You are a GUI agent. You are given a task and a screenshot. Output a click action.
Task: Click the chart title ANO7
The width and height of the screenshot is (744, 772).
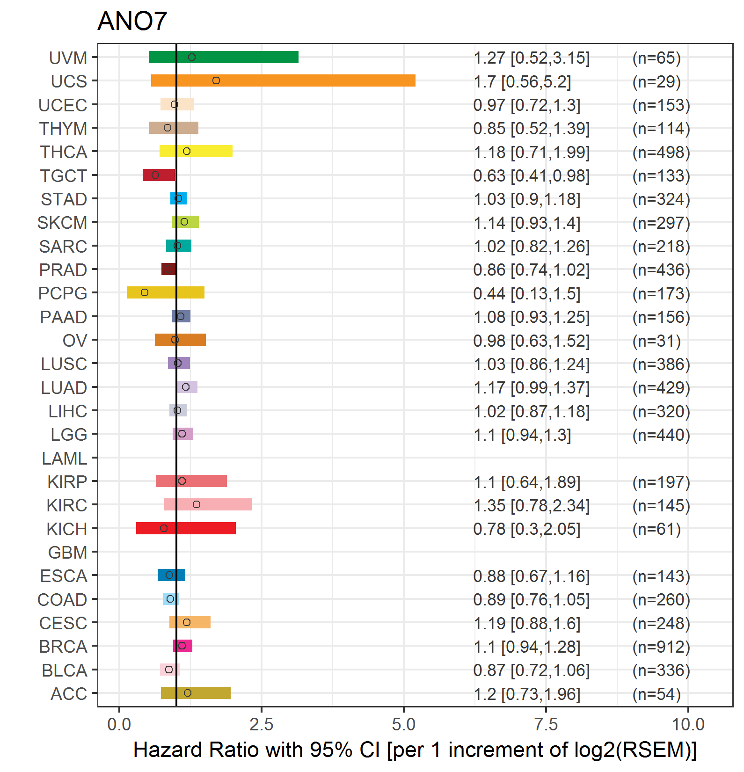tap(132, 21)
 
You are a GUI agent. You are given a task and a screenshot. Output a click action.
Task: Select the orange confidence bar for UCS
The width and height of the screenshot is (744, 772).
tap(283, 80)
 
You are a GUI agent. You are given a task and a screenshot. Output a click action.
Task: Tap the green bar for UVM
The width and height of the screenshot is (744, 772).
tap(224, 57)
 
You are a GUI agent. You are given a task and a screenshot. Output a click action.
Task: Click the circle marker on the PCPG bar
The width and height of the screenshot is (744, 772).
tap(145, 292)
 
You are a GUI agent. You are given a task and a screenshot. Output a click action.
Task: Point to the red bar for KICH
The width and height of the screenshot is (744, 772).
tap(186, 528)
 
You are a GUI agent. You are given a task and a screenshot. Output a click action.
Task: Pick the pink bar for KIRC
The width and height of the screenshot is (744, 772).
tap(208, 504)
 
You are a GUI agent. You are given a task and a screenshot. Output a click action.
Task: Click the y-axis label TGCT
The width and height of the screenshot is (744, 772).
tap(64, 176)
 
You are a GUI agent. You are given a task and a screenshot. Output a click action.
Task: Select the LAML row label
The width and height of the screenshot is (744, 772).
tap(65, 459)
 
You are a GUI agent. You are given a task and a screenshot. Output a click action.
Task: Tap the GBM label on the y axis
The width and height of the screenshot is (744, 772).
tap(68, 553)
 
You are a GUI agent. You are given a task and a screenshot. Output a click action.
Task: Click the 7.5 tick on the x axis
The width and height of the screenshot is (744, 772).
tap(546, 725)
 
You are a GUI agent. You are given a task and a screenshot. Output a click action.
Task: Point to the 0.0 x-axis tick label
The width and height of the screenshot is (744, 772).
tap(119, 725)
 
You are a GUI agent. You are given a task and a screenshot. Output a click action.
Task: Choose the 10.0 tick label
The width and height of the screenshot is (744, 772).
tap(688, 725)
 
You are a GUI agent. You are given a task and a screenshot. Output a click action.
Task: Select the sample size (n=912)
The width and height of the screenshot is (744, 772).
tap(661, 647)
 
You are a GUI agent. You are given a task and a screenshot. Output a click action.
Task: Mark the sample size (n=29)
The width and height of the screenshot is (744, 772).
tap(656, 82)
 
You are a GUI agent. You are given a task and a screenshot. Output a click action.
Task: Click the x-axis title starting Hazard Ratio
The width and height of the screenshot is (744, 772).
tap(415, 750)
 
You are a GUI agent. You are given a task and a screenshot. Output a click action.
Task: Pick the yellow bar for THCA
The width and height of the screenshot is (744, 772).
tap(196, 151)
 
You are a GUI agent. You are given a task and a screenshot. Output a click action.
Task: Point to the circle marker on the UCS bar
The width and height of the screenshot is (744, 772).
tap(216, 80)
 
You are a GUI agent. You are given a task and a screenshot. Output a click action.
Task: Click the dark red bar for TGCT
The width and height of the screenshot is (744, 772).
tap(159, 175)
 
